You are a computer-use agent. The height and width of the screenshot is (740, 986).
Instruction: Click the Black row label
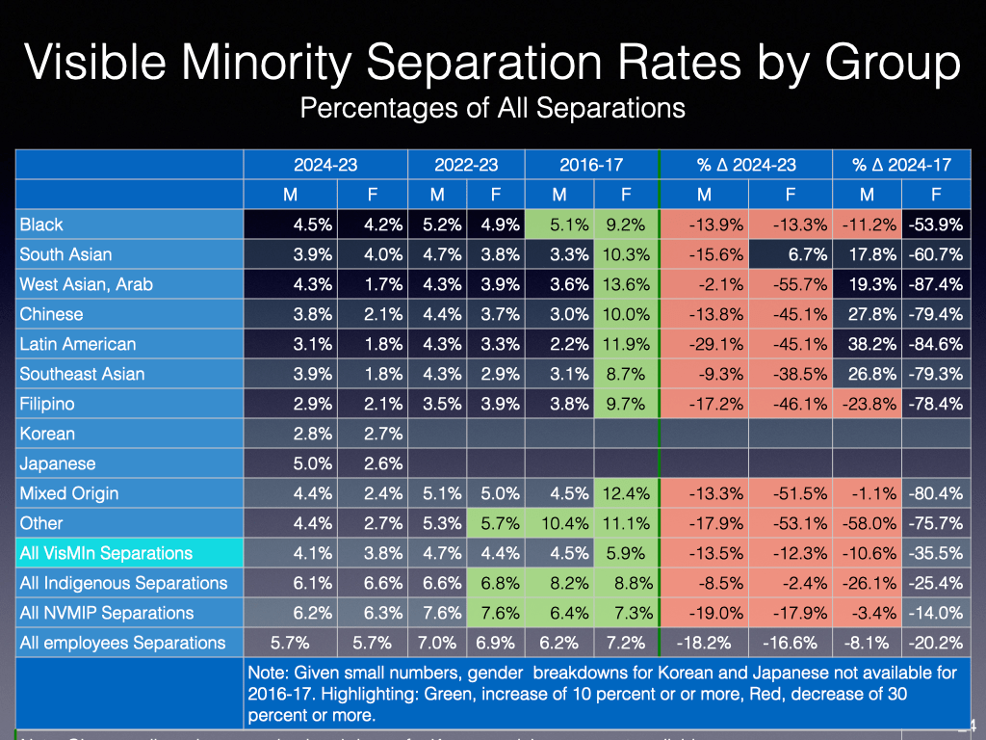[x=41, y=225]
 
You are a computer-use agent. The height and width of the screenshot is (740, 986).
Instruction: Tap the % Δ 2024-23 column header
[x=746, y=165]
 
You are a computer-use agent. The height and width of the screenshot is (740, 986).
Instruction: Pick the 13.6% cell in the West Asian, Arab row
[x=626, y=284]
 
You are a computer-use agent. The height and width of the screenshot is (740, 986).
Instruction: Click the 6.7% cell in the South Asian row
[x=789, y=254]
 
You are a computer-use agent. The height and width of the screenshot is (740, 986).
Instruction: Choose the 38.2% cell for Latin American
[x=868, y=344]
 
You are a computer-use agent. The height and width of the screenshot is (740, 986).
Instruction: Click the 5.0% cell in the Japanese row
[x=313, y=463]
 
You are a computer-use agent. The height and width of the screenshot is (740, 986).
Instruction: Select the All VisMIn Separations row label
[x=106, y=553]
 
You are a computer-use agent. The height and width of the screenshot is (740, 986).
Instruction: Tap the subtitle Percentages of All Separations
[x=492, y=107]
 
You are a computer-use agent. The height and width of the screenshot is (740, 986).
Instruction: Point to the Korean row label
[x=47, y=434]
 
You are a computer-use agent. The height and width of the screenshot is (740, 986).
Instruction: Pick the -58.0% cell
[x=867, y=523]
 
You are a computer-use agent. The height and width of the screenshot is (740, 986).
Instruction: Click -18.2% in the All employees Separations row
[x=705, y=643]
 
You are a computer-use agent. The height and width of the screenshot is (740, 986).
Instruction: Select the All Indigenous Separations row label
[x=123, y=583]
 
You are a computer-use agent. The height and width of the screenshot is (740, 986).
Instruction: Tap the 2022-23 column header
[x=466, y=165]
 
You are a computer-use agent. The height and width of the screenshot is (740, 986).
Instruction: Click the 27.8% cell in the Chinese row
[x=868, y=314]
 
